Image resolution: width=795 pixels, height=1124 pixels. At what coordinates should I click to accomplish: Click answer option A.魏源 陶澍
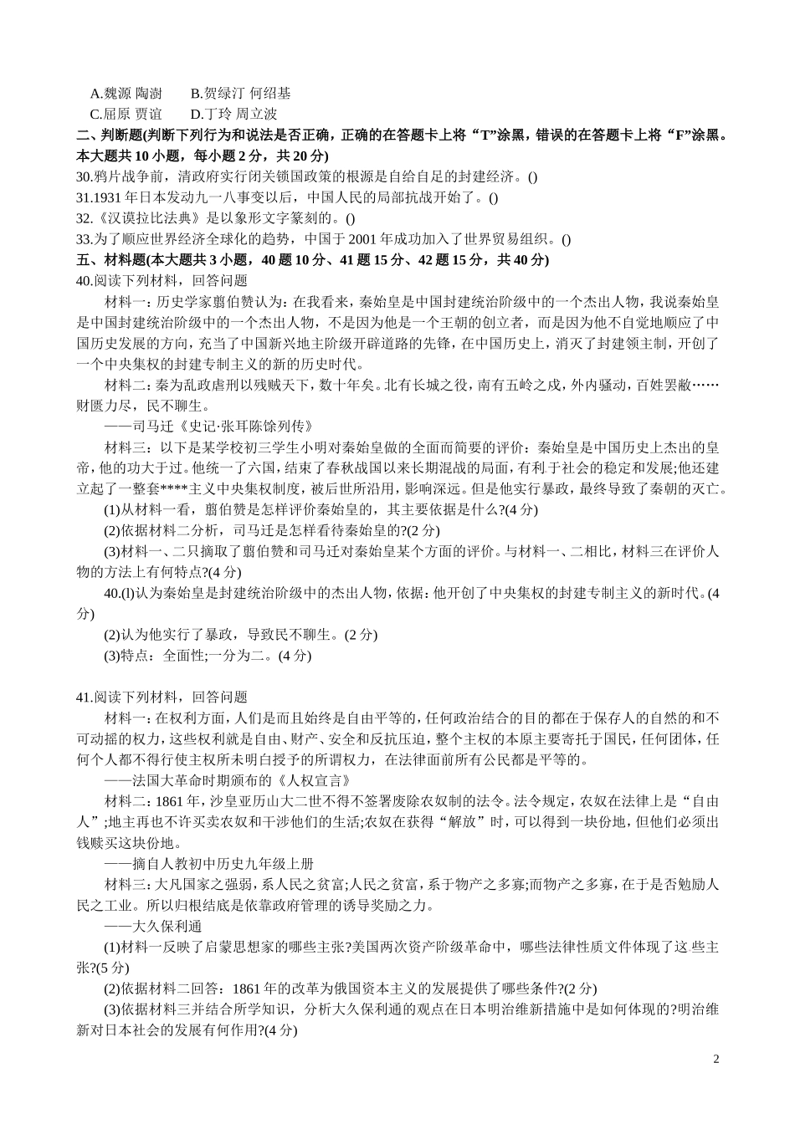[126, 94]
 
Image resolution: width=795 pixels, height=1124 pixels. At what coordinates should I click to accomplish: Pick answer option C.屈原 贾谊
[126, 114]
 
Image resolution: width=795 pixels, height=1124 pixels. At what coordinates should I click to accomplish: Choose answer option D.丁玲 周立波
[233, 114]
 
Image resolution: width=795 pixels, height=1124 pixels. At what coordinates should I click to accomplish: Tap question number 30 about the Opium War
[83, 176]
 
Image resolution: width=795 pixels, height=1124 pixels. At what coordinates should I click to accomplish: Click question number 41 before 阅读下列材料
[83, 697]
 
